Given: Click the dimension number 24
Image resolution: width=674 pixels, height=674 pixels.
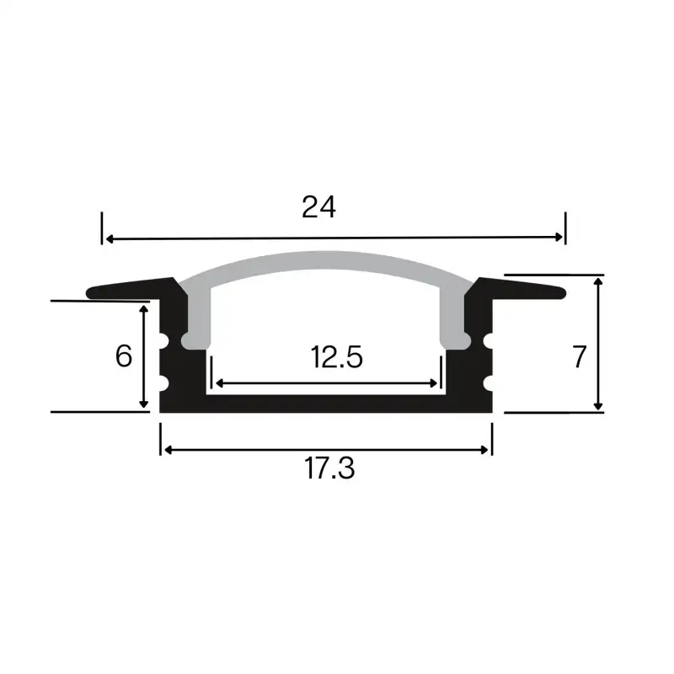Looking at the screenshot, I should click(x=319, y=207).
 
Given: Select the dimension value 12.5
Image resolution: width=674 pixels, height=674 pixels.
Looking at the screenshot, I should click(x=336, y=358).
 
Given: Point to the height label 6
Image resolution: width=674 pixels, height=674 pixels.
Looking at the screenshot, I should click(x=124, y=356).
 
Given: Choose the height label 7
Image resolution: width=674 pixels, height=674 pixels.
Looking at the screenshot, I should click(x=579, y=357).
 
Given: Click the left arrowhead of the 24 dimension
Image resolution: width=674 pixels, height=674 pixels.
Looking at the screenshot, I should click(x=109, y=238).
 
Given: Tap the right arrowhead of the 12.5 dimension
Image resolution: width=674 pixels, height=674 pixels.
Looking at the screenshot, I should click(x=436, y=383).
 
